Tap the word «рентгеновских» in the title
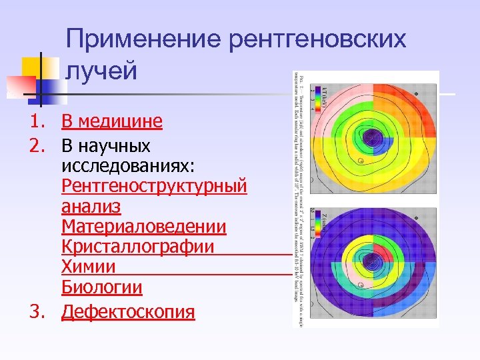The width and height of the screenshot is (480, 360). tap(317, 40)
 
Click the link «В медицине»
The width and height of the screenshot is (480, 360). tap(111, 121)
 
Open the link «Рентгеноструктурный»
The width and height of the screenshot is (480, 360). tap(154, 186)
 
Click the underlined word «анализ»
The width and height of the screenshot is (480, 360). tap(91, 207)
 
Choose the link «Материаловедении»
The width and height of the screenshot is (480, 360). tap(144, 227)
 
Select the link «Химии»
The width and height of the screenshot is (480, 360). tap(89, 267)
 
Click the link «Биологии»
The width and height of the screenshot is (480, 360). tap(102, 287)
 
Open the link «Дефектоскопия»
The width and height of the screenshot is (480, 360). tap(128, 312)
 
